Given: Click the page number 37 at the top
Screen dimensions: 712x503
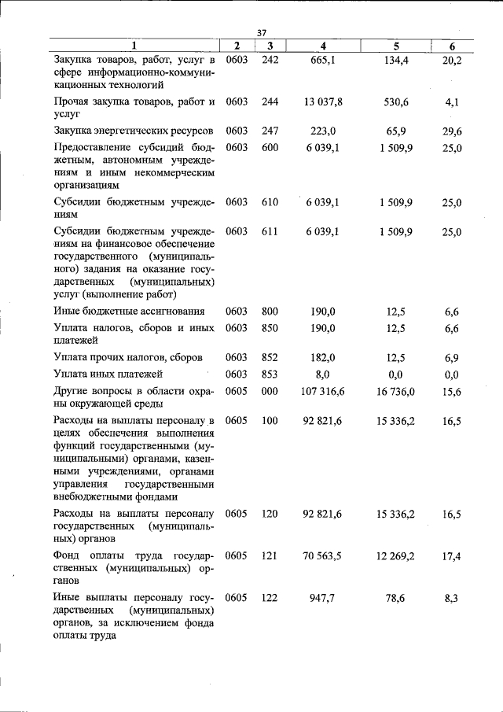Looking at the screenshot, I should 263,32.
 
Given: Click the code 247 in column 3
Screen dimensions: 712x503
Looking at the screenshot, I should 270,131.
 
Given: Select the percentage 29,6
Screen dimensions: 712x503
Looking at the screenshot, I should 451,131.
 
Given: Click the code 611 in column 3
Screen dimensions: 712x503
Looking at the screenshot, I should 270,231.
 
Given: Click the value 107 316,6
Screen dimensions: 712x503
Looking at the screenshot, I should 322,391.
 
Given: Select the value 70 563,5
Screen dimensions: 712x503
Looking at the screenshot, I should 322,555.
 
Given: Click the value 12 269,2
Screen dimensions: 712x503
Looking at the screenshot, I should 395,555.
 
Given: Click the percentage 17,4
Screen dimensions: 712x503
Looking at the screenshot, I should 451,555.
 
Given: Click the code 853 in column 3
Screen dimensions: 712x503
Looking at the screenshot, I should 270,374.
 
